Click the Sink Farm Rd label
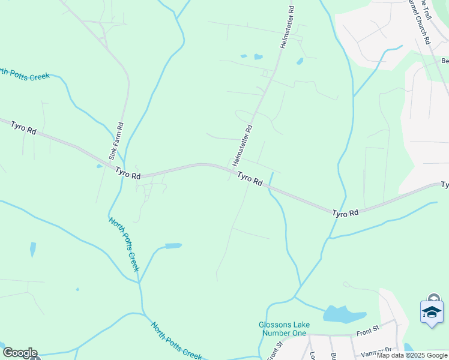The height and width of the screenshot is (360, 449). pos(116,141)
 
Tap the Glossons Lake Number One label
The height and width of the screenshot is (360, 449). pos(285,329)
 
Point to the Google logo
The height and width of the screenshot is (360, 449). pos(20,353)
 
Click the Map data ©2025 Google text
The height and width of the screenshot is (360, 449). pos(412,355)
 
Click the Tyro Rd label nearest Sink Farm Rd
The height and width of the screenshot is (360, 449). pos(128,173)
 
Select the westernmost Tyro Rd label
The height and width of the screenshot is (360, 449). pos(23,128)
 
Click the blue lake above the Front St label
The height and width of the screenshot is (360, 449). pos(345,314)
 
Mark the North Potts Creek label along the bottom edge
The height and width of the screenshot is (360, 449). pos(176,341)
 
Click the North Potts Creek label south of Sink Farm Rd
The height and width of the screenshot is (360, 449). pos(124,244)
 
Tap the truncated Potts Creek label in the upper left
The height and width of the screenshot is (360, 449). pos(25,74)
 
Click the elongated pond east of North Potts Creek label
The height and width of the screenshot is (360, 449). pos(173,245)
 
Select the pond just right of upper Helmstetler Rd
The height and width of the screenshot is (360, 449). pos(300,61)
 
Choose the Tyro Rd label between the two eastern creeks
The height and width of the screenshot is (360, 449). pos(345,213)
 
